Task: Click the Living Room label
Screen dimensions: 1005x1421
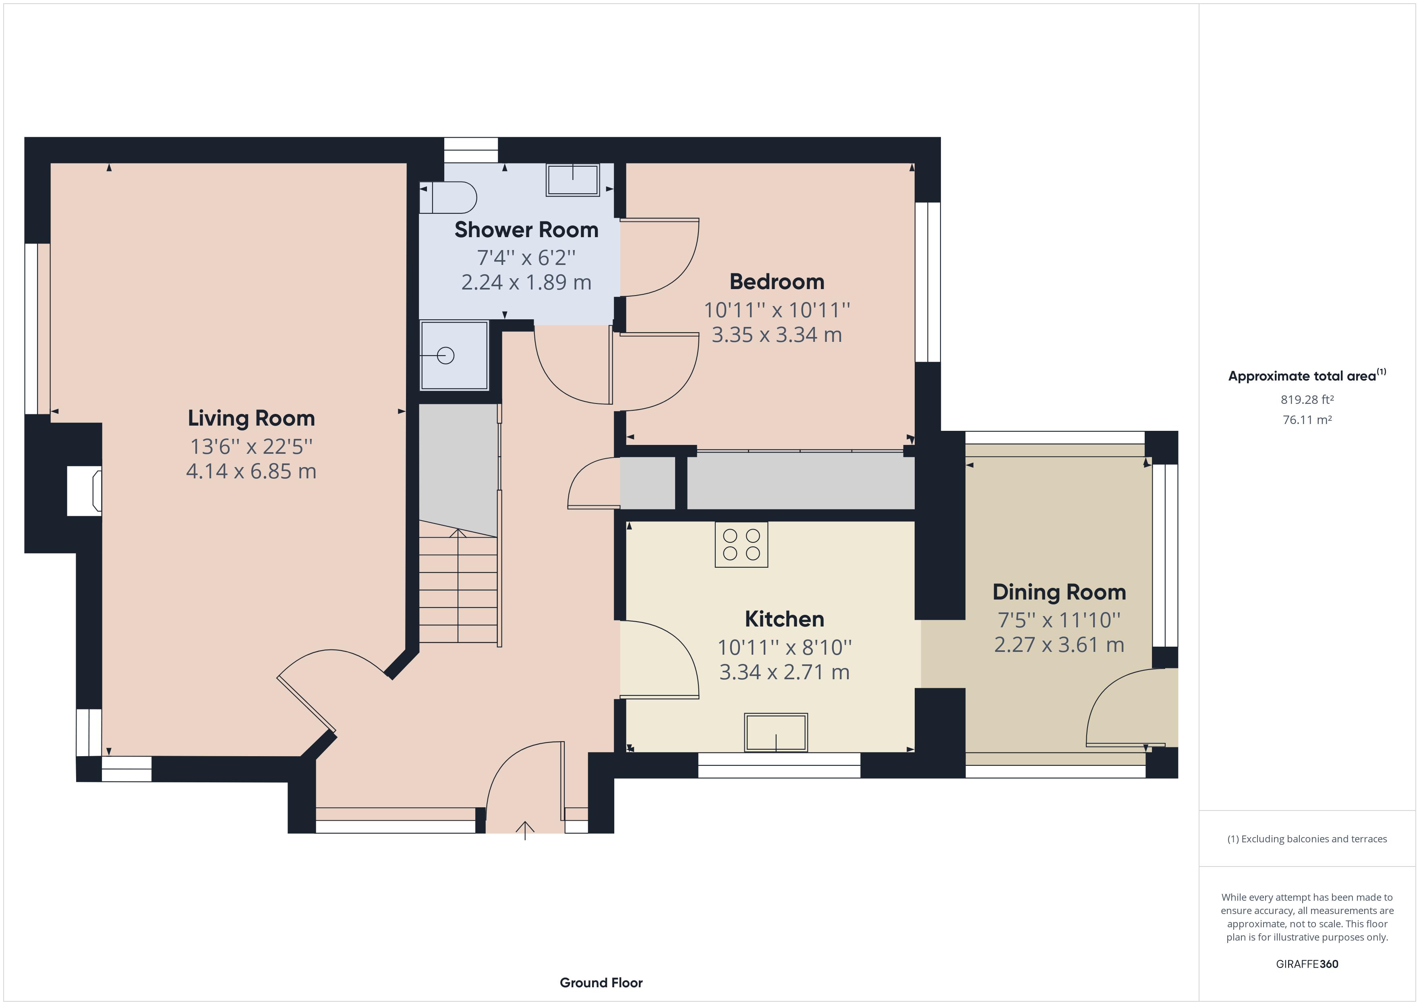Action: (251, 418)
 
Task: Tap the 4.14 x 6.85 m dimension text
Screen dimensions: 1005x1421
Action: (251, 471)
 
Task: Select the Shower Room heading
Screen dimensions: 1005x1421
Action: (526, 230)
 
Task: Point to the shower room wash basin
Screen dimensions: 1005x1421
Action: (572, 180)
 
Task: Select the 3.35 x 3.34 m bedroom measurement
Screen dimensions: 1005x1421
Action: (777, 335)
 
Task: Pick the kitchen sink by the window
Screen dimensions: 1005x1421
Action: (776, 733)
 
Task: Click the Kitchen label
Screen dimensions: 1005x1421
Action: (784, 619)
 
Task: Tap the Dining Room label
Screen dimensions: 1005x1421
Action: (1059, 592)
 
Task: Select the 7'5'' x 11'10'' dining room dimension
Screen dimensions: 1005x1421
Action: (1059, 619)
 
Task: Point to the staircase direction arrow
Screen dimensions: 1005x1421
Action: (458, 534)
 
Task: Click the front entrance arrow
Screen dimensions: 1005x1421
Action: (525, 829)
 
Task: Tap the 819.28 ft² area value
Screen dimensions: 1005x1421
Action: (1307, 400)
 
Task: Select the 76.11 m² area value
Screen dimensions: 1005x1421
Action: (1307, 420)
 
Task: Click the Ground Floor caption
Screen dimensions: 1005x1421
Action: (601, 983)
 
